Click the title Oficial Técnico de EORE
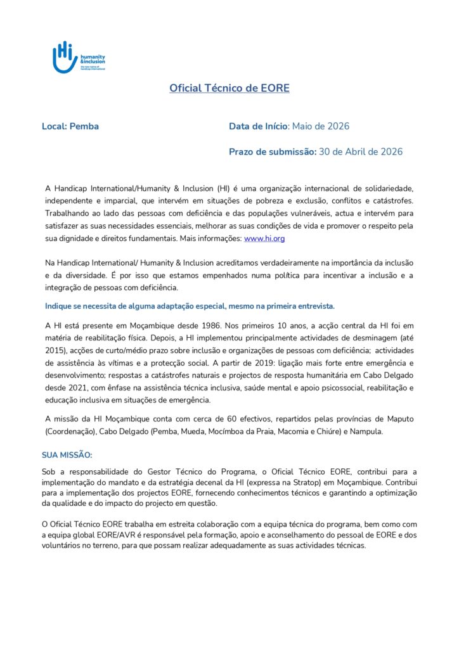tap(229, 88)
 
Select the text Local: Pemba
tap(70, 126)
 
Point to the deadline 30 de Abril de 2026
tap(360, 151)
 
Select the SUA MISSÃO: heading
tap(67, 455)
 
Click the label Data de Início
tap(258, 126)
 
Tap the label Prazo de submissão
tap(272, 151)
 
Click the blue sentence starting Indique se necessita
tap(190, 305)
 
